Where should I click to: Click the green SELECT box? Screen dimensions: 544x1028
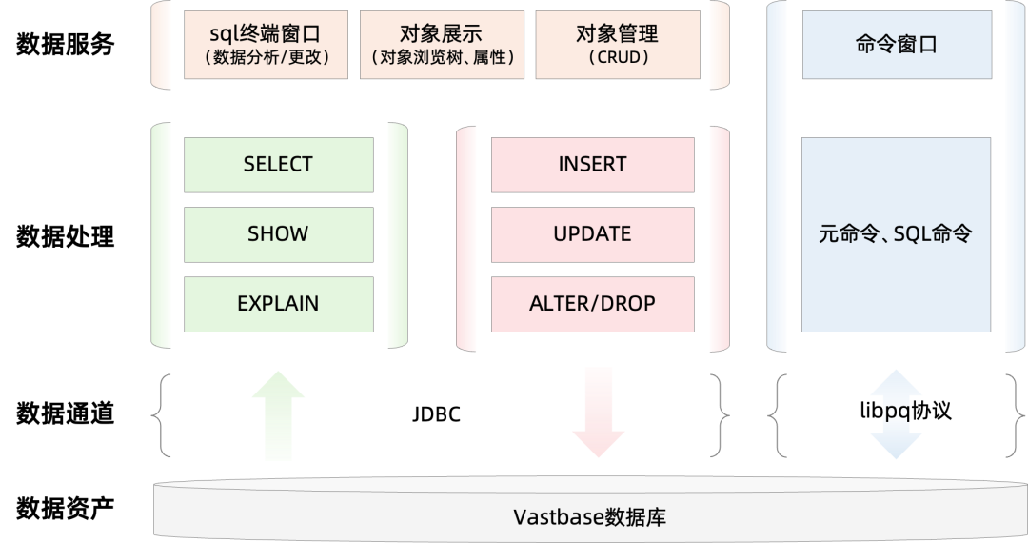278,165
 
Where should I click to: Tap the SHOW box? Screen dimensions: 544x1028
278,234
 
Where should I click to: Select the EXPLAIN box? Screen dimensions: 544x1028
278,304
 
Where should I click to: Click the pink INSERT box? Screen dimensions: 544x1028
592,165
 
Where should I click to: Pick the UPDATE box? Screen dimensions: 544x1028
592,234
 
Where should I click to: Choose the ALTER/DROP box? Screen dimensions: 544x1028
592,304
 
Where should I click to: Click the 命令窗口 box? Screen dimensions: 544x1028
897,45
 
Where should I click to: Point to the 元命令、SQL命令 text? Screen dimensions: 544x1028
896,234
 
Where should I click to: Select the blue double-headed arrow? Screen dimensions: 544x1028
897,413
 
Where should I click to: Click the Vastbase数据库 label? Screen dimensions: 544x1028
589,518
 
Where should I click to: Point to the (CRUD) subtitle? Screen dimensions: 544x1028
617,58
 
